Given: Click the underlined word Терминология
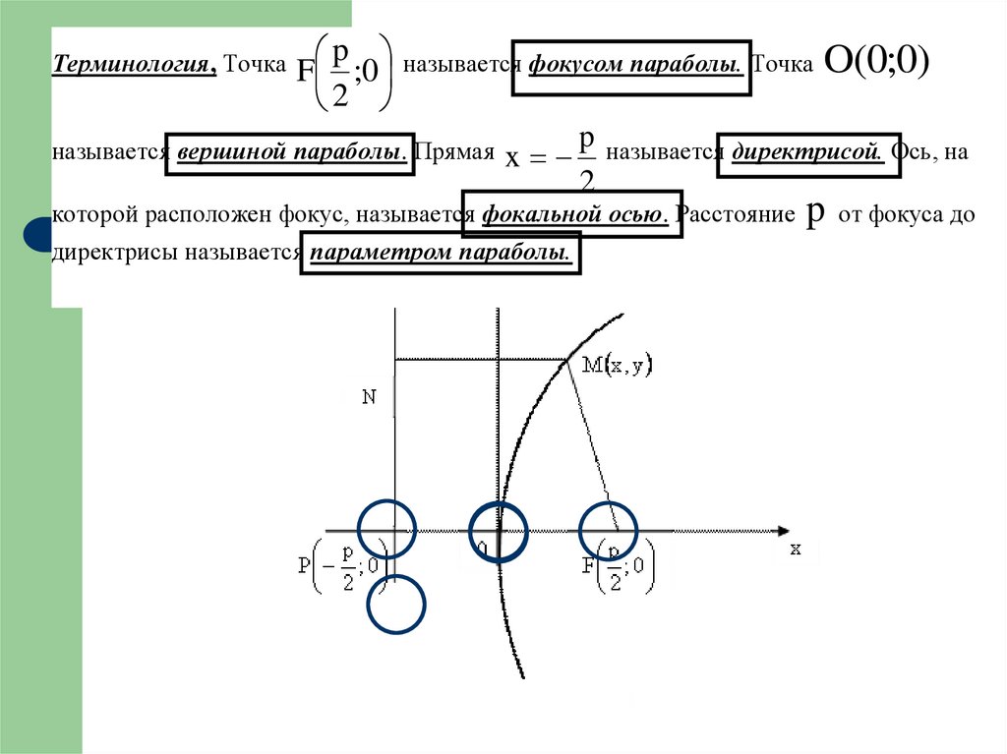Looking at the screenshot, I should [135, 66].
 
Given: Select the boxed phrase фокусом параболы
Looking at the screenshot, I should [631, 67].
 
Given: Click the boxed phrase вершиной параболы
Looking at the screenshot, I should [289, 153].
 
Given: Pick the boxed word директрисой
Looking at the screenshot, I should [808, 153].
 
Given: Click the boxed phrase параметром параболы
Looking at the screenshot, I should [440, 253].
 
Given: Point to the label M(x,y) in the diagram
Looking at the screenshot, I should [617, 365].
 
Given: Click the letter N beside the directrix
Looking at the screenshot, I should [369, 397].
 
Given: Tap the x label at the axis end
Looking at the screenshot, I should [795, 550].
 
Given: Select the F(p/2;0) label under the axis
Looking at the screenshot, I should [618, 569].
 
